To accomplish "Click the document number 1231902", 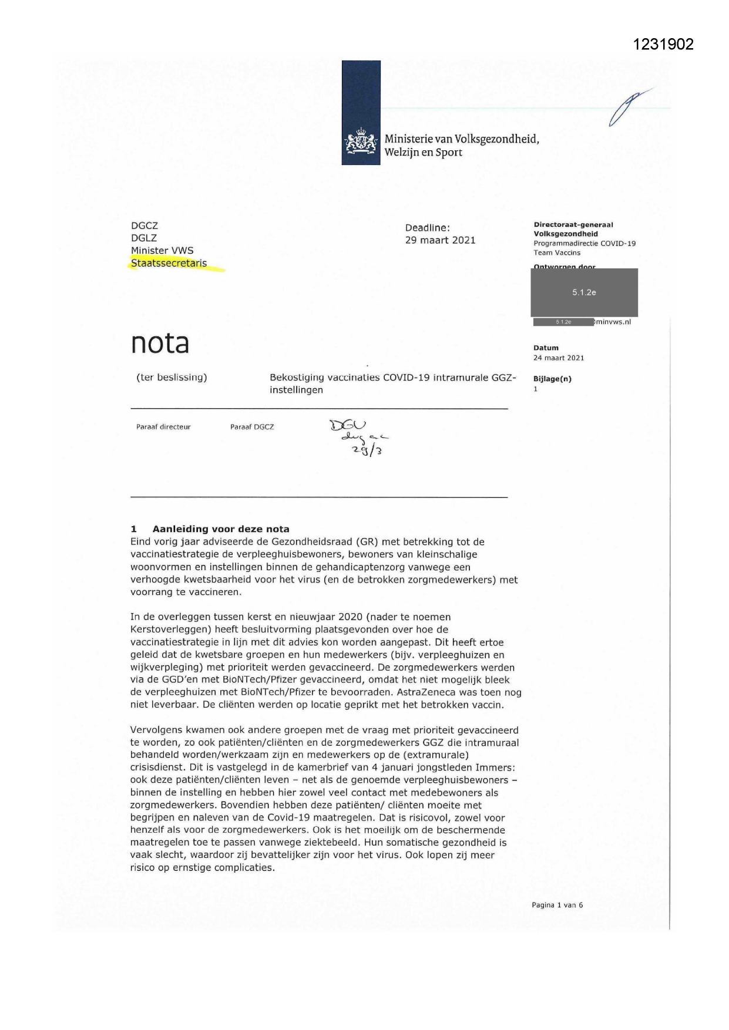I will pos(664,44).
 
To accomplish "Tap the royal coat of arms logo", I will pos(361,142).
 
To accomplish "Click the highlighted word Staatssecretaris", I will pos(169,263).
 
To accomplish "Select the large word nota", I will pos(160,343).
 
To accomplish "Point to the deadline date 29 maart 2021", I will pos(440,240).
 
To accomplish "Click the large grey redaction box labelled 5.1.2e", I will pos(584,292).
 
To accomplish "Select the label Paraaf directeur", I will pos(163,427).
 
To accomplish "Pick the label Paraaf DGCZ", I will pos(252,427).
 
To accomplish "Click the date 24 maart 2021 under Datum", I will pos(559,358).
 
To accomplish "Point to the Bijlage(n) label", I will pos(552,379).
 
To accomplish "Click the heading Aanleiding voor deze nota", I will pos(221,529).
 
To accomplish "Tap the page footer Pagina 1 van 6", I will pos(557,905).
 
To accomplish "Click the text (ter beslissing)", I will pos(172,378).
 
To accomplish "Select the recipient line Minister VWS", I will pos(162,251).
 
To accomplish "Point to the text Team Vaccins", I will pos(557,253).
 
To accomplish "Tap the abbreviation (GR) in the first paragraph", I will pos(368,542).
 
